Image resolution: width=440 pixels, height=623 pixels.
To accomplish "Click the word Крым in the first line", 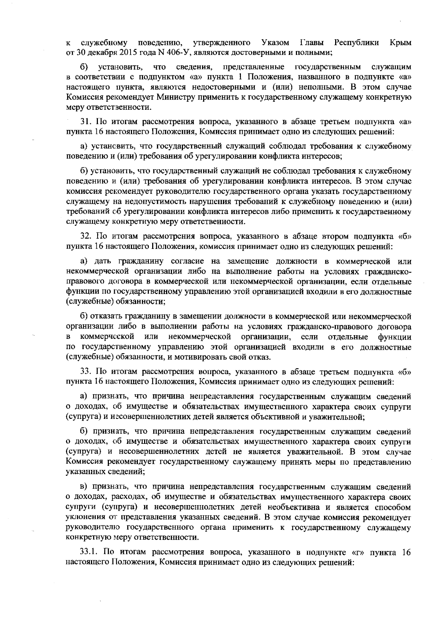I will pyautogui.click(x=400, y=43).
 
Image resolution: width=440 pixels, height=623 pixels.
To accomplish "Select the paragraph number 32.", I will pyautogui.click(x=85, y=236).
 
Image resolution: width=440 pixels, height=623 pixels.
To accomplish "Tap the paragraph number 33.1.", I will pyautogui.click(x=89, y=562).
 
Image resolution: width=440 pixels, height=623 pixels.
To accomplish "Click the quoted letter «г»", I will pyautogui.click(x=358, y=562).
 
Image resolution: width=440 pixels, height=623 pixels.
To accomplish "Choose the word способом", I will pyautogui.click(x=394, y=507).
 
